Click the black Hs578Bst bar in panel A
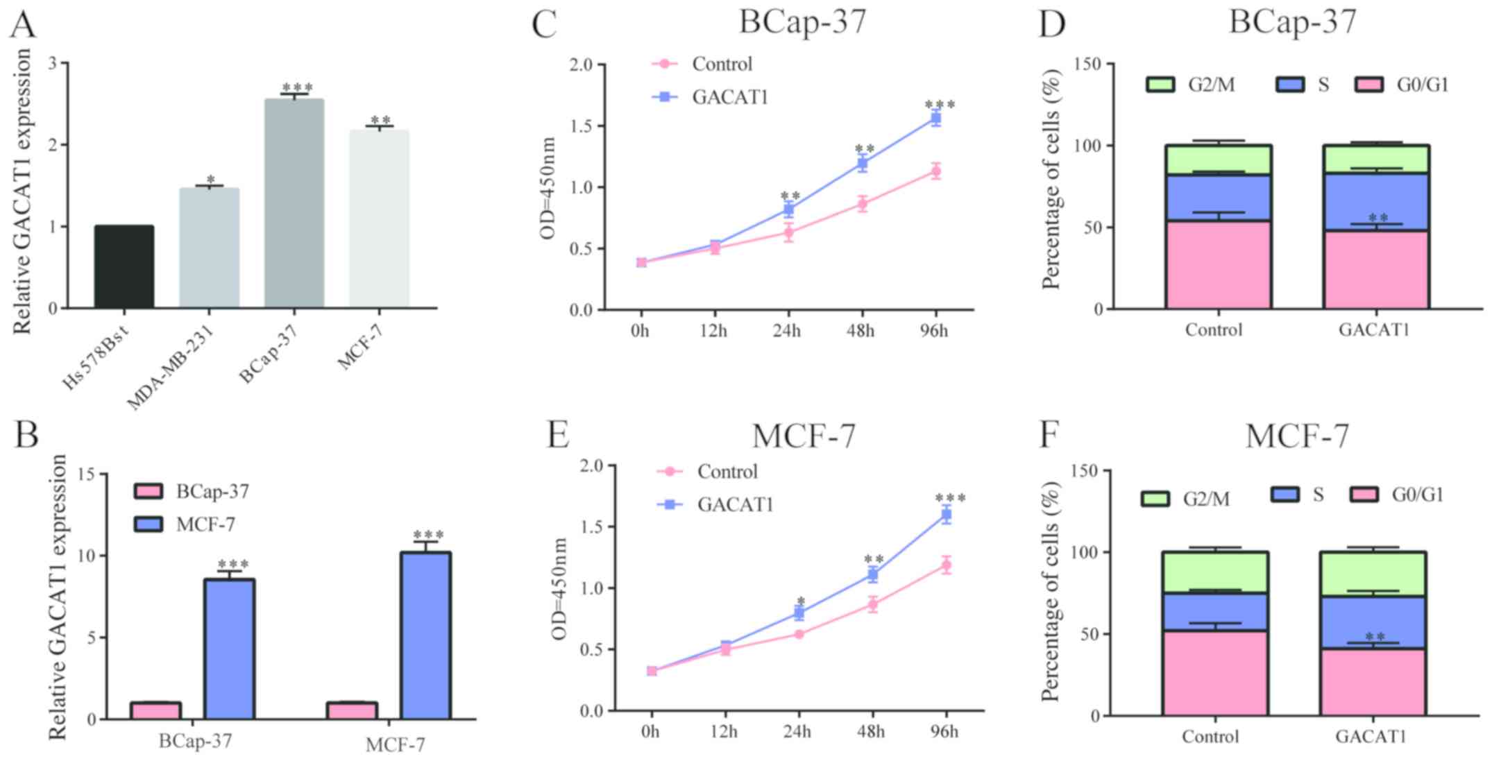pos(124,267)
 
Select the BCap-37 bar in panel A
pos(294,204)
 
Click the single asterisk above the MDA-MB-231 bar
pos(210,180)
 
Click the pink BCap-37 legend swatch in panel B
pos(149,492)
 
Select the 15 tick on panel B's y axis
pos(88,474)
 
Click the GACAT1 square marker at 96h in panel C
pos(935,119)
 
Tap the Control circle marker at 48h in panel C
pos(862,204)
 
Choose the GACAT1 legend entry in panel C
pos(729,97)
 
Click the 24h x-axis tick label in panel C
pos(787,331)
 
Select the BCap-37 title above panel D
pos(1292,22)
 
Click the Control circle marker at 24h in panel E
pos(799,634)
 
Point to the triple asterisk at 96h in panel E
pos(950,498)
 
